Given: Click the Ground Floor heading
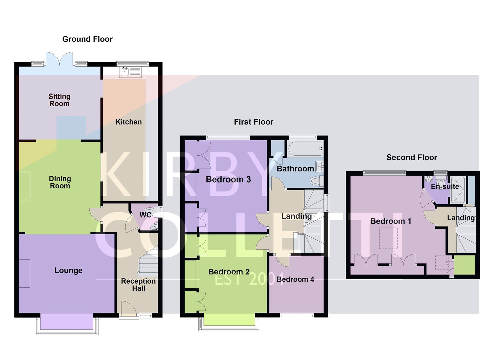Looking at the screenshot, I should (x=87, y=39).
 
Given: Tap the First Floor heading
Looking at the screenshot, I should (x=253, y=122).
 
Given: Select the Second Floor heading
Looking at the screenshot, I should (x=411, y=157).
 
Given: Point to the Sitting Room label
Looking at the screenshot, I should (x=59, y=100).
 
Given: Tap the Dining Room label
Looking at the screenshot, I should (x=60, y=182).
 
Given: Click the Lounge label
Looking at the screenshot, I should (x=68, y=270).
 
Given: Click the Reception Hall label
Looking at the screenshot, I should (x=138, y=285).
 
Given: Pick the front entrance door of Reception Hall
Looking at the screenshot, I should (x=128, y=309).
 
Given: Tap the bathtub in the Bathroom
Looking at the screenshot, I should (x=305, y=149).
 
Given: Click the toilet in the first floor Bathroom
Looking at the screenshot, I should (x=315, y=181).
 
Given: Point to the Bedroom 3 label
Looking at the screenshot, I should (x=228, y=179).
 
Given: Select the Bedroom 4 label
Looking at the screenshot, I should (x=295, y=279).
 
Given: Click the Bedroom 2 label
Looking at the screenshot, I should (x=229, y=272).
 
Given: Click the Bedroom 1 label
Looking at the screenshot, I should (x=391, y=221).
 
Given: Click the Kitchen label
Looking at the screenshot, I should (x=128, y=122).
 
